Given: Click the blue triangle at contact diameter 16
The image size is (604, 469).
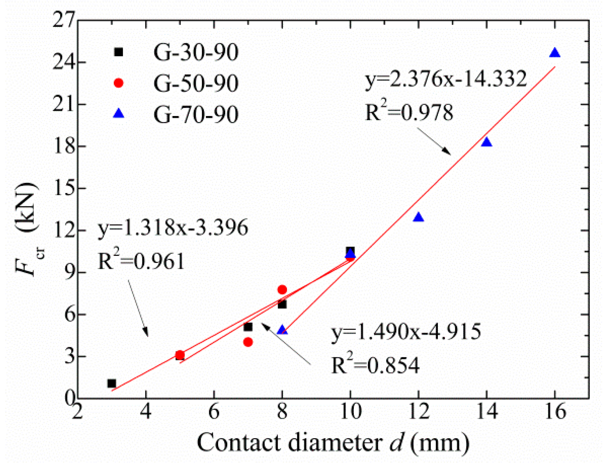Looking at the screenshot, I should coord(555,53).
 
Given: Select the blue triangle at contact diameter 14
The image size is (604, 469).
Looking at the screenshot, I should coord(486,142).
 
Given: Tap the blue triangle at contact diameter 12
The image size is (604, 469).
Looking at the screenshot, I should coord(419,218).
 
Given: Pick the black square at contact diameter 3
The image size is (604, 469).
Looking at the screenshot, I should coord(112,383).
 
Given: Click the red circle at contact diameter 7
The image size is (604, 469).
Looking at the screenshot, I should coord(248,342).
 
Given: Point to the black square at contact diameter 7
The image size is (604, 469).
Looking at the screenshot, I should coord(248,327).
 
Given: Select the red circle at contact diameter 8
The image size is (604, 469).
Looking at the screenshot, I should coord(282,289).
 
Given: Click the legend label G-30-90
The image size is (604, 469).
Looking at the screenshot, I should coord(196,52).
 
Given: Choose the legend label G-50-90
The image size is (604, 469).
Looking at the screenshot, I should coord(196,83).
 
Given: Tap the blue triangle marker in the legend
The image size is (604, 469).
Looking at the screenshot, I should coord(119,113).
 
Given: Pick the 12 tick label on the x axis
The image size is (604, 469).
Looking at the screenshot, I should coord(419,412).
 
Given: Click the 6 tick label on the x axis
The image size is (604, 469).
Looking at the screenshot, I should coord(214,412).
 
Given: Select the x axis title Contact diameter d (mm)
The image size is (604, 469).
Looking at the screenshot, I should coord(333,443).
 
